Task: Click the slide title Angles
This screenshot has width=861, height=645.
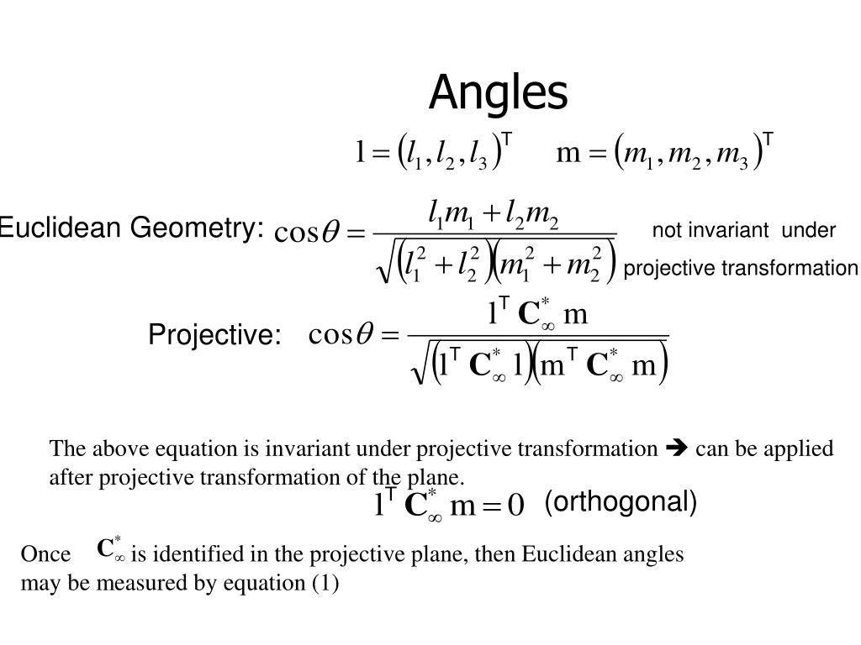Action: (x=499, y=92)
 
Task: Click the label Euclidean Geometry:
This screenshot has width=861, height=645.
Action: (x=131, y=228)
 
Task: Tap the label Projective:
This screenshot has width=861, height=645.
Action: (x=214, y=335)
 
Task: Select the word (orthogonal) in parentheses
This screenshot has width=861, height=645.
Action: (x=621, y=502)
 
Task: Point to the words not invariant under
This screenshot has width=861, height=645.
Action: (x=744, y=230)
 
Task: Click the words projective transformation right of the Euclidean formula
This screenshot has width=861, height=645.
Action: (x=741, y=268)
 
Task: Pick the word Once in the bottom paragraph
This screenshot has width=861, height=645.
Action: (x=45, y=555)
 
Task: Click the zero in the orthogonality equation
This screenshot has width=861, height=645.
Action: (x=515, y=506)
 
